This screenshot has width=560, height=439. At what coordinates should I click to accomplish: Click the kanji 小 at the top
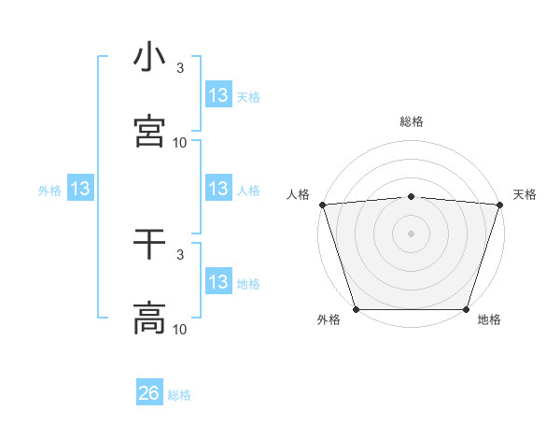coord(149,58)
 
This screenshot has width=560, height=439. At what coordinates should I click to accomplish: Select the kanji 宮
coord(149,131)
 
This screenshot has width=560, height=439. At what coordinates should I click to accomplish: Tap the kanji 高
coord(149,318)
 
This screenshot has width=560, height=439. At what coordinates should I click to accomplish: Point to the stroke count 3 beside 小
coord(180,68)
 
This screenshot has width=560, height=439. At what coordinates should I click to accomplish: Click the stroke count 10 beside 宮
coord(180,142)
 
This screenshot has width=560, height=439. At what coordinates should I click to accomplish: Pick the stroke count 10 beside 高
coord(180,329)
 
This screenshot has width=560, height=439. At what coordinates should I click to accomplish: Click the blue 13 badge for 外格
coord(80,190)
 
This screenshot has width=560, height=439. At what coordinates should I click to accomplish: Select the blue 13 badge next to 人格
coord(217,189)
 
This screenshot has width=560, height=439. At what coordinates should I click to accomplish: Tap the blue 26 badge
coord(148,393)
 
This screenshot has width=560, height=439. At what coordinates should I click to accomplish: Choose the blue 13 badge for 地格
coord(217,282)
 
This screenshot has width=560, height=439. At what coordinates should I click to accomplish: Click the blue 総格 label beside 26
coord(179,395)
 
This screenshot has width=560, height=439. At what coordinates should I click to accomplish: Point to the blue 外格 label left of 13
coord(49,191)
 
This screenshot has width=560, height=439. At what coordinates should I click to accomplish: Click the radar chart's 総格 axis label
coord(411,121)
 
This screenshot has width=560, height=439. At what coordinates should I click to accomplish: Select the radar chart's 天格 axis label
coord(525,194)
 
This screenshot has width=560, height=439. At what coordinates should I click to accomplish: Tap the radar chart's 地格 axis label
coord(489,320)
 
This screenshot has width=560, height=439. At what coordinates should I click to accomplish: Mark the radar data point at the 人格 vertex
coord(322,205)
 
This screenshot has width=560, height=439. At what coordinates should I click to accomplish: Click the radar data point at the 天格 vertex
coord(499,205)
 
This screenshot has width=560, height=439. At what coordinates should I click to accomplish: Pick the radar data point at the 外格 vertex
coord(356,309)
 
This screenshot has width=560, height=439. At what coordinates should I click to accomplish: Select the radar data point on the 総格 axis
coord(411,196)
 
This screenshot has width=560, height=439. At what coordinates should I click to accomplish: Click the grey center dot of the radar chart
coord(411,234)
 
